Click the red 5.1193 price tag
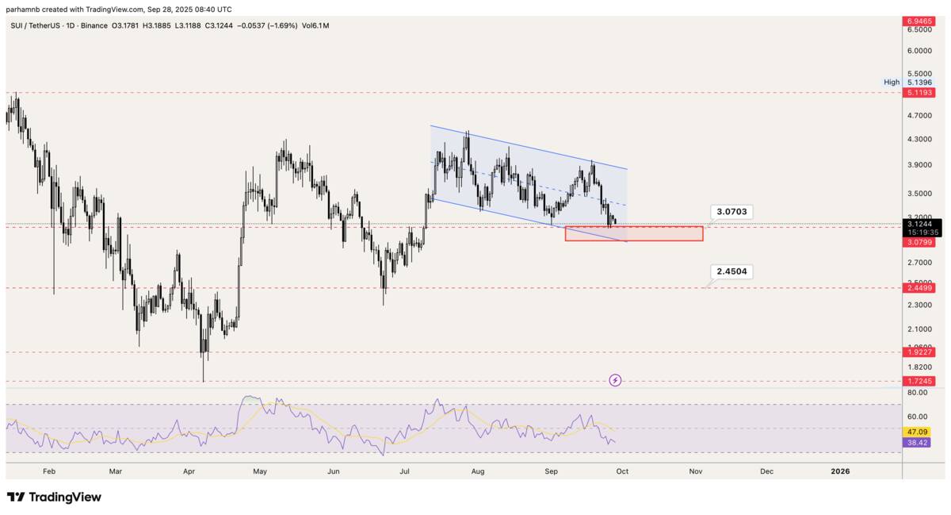tap(919, 93)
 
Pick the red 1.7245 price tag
tap(919, 382)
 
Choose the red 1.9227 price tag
tap(919, 352)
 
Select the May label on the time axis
tap(260, 471)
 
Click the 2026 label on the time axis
tap(840, 471)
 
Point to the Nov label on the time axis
tap(695, 471)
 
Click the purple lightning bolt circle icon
tap(616, 381)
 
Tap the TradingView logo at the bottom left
tap(54, 498)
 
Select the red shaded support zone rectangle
tap(634, 233)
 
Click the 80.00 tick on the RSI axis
tap(918, 393)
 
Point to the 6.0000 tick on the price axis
tap(919, 51)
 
